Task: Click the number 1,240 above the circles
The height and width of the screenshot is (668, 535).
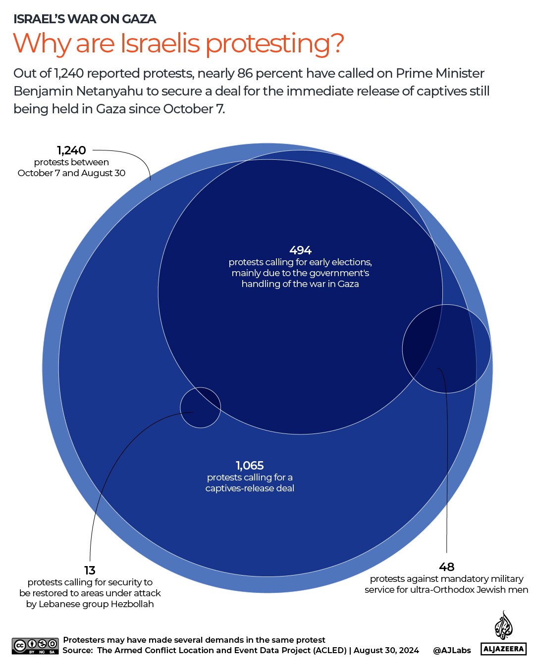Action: (x=71, y=150)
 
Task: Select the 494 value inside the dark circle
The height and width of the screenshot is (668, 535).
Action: (x=300, y=250)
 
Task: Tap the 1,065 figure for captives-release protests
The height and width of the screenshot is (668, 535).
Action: (x=250, y=466)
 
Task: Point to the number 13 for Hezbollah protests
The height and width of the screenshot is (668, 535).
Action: (x=90, y=571)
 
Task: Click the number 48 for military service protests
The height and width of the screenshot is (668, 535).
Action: (x=446, y=567)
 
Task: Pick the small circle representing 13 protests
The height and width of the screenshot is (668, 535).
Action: (x=200, y=408)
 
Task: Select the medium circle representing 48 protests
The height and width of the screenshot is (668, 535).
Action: (x=446, y=349)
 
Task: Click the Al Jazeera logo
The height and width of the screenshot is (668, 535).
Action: (x=503, y=633)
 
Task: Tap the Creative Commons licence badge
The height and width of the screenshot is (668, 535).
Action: (x=35, y=645)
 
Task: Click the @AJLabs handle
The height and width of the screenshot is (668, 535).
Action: (x=452, y=650)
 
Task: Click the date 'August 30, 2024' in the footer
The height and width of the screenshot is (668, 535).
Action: (x=386, y=650)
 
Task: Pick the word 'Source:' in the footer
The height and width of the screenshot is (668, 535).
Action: (x=78, y=650)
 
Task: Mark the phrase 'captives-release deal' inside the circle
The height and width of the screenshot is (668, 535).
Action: (x=250, y=488)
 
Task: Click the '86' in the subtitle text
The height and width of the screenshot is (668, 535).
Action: (x=245, y=73)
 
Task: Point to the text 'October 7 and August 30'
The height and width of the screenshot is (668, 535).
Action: (x=71, y=173)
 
